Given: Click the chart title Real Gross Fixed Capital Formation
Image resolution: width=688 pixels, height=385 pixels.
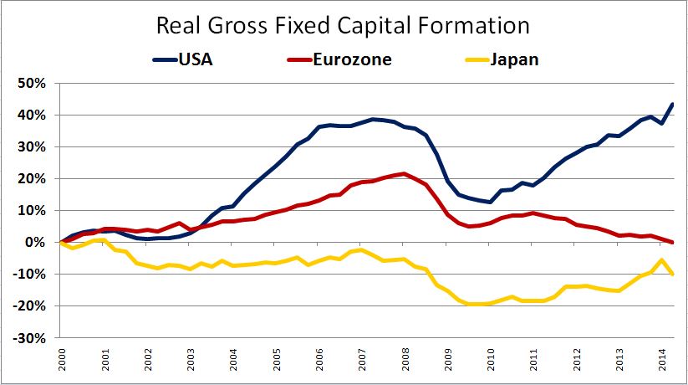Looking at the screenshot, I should pyautogui.click(x=343, y=25).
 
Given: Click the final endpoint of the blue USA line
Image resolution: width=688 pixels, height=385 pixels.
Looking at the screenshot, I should pyautogui.click(x=673, y=104).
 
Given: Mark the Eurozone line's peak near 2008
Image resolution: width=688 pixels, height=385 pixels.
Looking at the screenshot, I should pyautogui.click(x=404, y=174).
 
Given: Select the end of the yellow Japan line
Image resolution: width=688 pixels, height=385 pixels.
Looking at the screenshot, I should pyautogui.click(x=673, y=274).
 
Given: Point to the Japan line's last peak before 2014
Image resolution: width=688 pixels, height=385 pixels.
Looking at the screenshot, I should pyautogui.click(x=662, y=259).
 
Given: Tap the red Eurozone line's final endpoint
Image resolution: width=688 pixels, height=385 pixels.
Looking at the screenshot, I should pyautogui.click(x=673, y=242).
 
